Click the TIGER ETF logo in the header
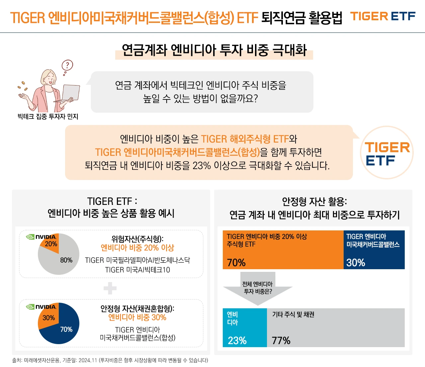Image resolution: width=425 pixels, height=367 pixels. (x=383, y=16)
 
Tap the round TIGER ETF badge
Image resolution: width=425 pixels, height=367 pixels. (x=387, y=153)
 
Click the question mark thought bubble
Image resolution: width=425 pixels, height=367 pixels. (x=67, y=65)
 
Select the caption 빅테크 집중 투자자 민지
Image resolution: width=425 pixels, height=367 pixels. (x=48, y=117)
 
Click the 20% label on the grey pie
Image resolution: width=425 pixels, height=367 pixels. (x=51, y=244)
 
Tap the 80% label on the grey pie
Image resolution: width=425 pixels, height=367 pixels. (x=66, y=260)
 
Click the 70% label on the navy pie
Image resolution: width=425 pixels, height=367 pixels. (x=66, y=329)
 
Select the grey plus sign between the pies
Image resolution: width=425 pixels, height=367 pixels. (x=110, y=288)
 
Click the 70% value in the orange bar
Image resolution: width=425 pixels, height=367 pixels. (x=236, y=263)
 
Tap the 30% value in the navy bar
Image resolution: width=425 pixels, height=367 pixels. (x=356, y=263)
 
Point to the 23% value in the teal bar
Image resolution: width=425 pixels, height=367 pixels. (x=237, y=340)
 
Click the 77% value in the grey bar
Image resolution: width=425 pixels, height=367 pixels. (x=281, y=340)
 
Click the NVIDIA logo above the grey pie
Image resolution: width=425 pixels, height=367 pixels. (x=42, y=237)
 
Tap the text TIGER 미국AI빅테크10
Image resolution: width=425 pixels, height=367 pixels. (x=137, y=270)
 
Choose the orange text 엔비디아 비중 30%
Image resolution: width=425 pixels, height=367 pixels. (x=137, y=317)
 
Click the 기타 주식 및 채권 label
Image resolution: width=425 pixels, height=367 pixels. (x=293, y=314)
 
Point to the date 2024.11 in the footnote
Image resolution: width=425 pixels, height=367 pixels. (x=87, y=360)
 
